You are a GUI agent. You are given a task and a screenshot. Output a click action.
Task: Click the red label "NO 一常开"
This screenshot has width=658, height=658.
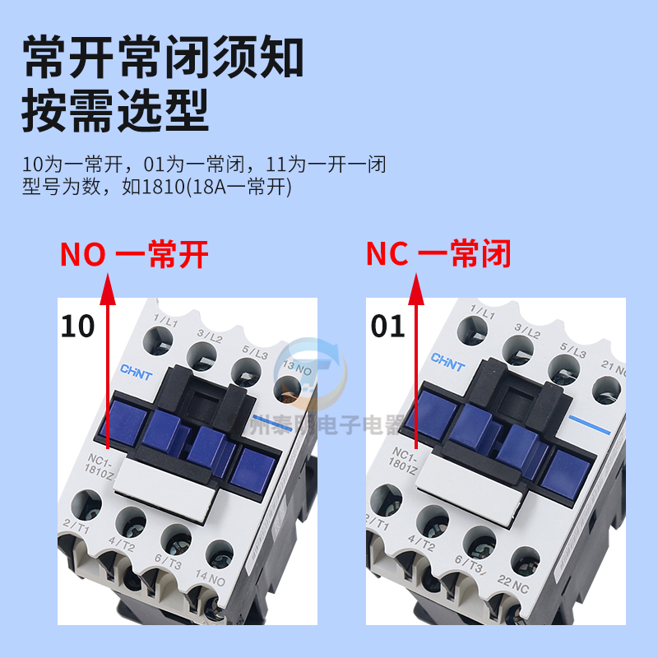click(x=134, y=255)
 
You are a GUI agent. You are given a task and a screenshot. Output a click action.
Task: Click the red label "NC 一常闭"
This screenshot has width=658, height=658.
click(x=438, y=255)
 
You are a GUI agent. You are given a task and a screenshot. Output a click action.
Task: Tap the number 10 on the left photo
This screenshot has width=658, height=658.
click(x=77, y=327)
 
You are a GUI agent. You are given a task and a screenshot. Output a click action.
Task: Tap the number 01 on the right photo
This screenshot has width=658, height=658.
click(x=388, y=327)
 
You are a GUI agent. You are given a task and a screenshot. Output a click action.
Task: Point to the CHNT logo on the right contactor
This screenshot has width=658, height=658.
click(x=447, y=363)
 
